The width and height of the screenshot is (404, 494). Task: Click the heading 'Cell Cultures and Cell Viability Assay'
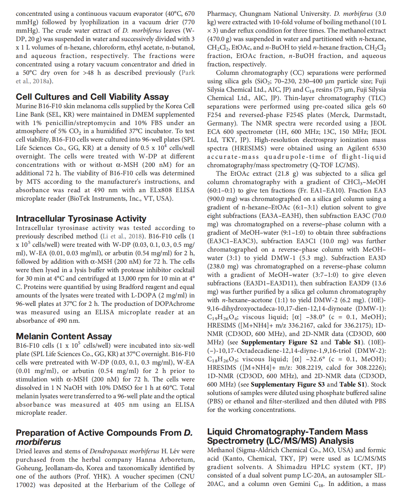pos(92,97)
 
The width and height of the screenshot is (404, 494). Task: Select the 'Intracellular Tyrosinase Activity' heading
pos(81,219)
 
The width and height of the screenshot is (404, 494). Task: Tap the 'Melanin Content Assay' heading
pos(64,336)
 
